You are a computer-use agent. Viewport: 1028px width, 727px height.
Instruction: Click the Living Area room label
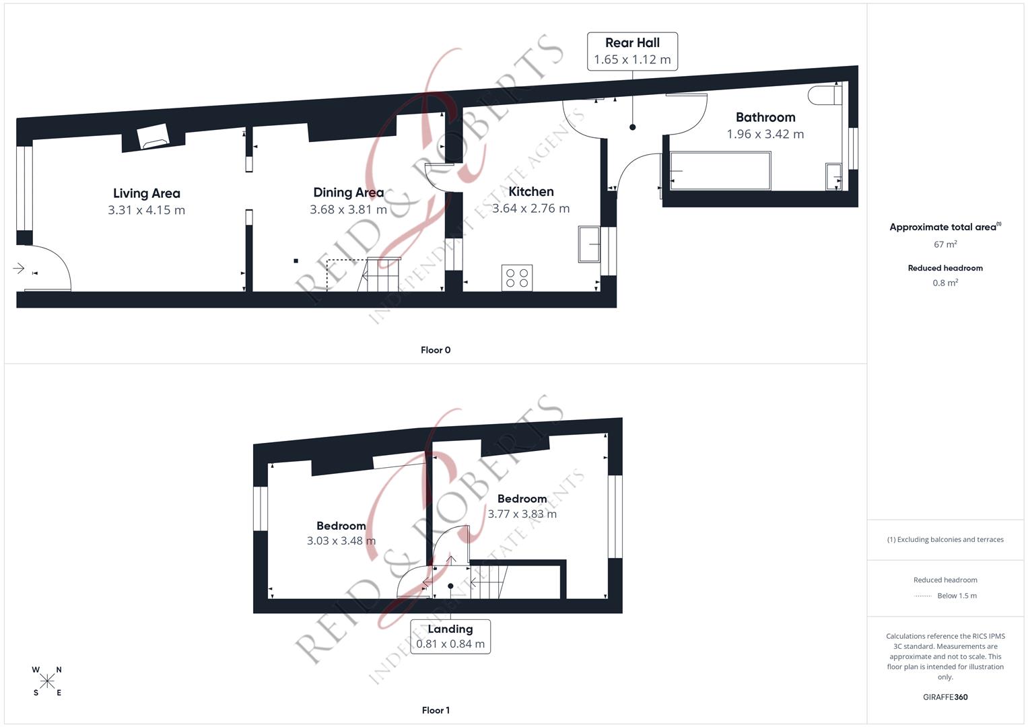146,194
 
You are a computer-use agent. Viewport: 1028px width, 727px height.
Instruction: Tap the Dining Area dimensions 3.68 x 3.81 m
348,209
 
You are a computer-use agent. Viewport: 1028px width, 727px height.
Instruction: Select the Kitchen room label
530,192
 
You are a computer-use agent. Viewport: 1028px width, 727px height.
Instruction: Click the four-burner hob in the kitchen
517,277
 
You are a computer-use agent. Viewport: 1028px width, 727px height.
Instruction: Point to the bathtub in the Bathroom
720,171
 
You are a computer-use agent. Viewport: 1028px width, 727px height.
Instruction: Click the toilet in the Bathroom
825,95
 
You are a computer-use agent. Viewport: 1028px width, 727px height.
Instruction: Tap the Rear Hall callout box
632,51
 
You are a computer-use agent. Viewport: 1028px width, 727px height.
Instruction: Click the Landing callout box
450,636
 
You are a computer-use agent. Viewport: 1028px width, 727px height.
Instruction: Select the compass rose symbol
47,681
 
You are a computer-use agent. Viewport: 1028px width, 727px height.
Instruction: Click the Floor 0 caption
436,350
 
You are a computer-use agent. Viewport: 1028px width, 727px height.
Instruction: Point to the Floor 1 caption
436,710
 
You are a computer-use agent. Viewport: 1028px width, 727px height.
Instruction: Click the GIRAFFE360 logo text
945,697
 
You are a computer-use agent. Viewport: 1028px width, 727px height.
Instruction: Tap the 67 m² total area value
945,244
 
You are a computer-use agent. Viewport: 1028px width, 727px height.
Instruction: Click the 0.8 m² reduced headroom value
945,283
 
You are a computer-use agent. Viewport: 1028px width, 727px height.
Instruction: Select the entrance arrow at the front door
19,269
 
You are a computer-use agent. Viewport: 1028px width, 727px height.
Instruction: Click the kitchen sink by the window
588,244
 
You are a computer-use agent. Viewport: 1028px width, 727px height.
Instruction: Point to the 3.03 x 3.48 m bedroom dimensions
341,541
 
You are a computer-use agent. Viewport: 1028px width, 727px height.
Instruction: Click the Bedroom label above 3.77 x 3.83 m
522,499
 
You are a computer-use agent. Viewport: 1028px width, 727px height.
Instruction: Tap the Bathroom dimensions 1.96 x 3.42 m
765,134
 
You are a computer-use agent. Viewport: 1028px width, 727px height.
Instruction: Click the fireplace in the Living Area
153,138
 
